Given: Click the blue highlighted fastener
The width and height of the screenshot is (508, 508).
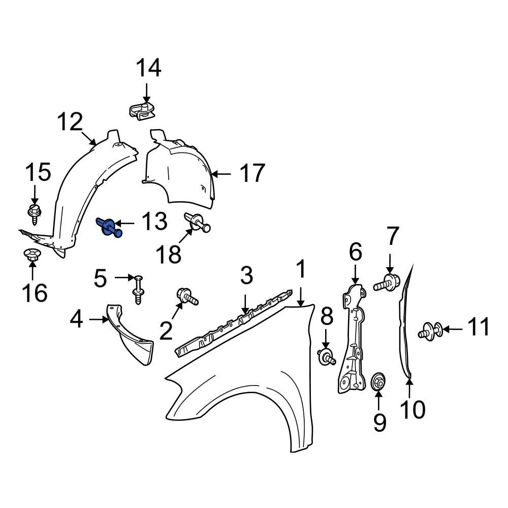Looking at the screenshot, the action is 109,228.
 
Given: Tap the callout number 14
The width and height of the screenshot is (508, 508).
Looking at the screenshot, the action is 148,68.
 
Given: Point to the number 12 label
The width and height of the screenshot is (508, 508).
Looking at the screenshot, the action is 70,121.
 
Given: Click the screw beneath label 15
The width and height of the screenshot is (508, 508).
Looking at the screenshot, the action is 34,214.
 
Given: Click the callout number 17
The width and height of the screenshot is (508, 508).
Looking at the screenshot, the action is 252,173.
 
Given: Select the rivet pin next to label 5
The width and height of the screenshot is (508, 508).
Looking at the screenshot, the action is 138,290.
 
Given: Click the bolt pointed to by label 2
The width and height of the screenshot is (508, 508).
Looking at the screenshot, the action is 187,296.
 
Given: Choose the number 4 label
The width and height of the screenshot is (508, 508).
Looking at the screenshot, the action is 77,319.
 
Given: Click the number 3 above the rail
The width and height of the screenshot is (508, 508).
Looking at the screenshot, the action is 246,276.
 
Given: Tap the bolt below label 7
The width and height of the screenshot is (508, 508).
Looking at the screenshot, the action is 387,282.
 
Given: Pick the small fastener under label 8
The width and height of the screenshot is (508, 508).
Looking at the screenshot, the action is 326,358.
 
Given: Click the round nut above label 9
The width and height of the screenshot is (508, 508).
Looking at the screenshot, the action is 378,382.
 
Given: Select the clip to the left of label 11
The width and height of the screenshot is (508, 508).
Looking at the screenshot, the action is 431,331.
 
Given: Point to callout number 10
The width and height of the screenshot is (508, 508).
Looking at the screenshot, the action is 412,409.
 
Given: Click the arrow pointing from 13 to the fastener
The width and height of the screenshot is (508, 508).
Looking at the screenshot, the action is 124,223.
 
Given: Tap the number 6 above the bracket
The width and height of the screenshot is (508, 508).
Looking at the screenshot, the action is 356,252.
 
